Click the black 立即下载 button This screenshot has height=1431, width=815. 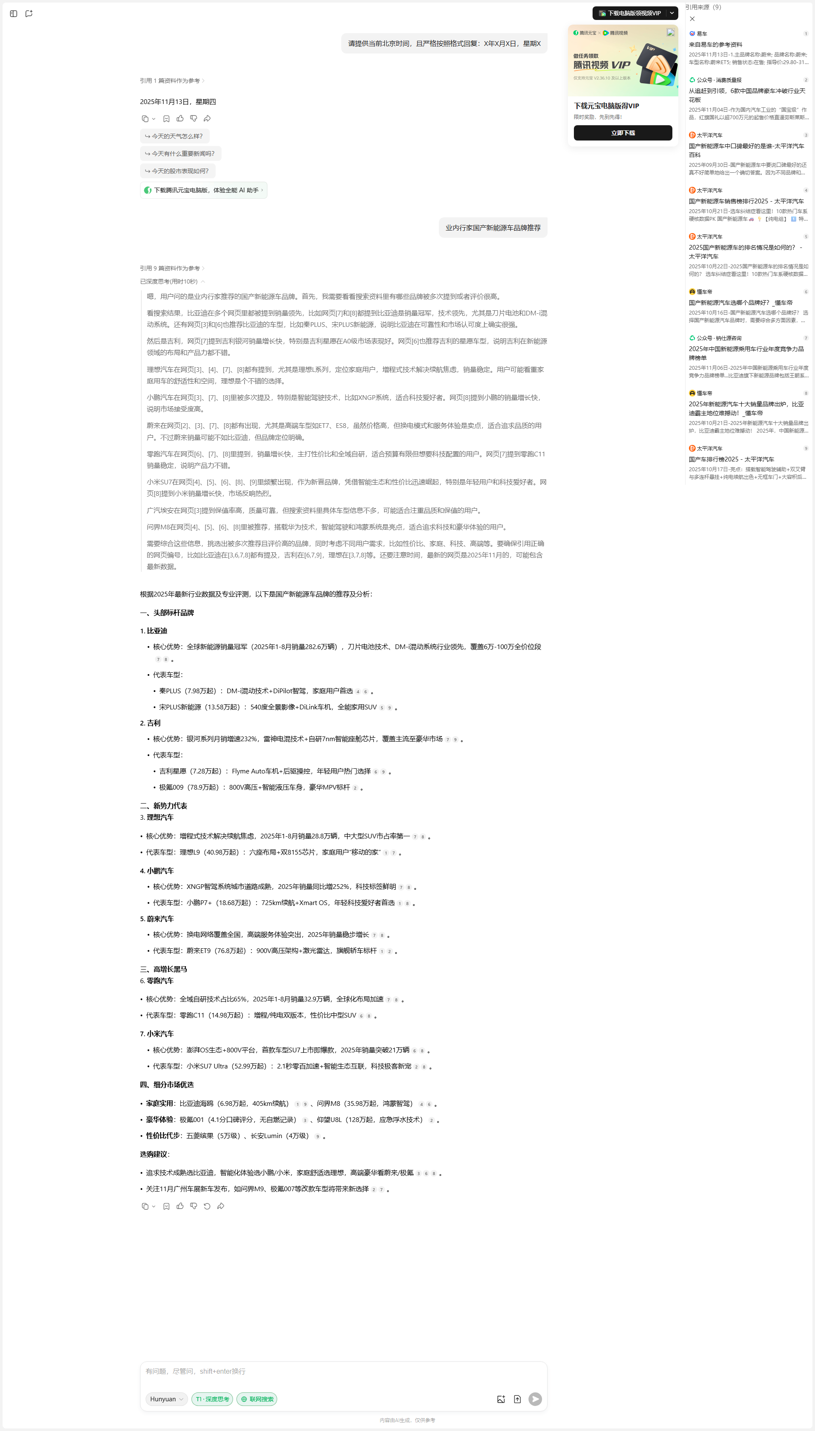pos(622,132)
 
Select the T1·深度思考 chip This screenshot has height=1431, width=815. pos(212,1399)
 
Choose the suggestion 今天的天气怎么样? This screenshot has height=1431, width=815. pos(174,136)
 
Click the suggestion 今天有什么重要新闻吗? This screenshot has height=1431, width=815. pos(180,153)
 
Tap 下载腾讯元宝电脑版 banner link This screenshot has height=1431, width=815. pos(203,190)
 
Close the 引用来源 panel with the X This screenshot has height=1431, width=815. pos(692,19)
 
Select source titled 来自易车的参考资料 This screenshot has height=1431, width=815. pos(715,45)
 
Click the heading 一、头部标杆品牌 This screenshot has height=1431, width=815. pos(167,613)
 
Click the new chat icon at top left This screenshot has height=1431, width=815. pos(29,14)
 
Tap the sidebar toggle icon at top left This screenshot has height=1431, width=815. pos(14,14)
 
